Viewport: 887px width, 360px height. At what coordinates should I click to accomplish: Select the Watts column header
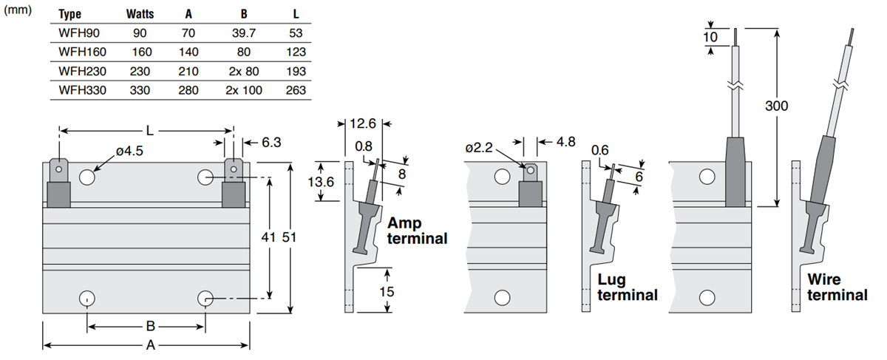(x=140, y=14)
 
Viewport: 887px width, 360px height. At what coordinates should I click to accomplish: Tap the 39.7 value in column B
(x=244, y=33)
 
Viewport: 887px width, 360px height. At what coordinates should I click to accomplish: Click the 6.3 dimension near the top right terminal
(x=272, y=141)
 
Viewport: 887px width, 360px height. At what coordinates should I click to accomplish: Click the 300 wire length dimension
(x=775, y=106)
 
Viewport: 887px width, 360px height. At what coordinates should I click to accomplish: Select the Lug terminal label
(x=627, y=288)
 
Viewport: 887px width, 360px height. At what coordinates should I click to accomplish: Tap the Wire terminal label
(x=837, y=288)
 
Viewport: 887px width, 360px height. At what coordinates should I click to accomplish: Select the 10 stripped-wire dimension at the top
(x=710, y=37)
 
